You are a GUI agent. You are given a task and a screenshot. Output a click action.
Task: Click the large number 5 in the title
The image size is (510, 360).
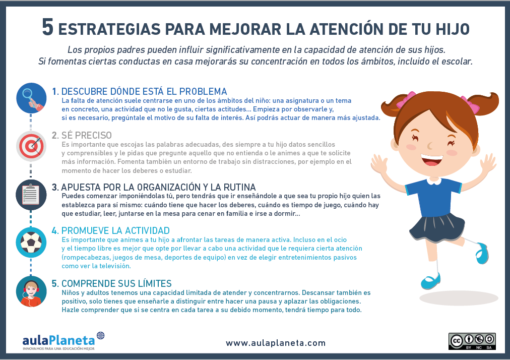coord(47,27)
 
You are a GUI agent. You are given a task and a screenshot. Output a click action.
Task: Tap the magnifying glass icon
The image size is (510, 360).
coord(31,98)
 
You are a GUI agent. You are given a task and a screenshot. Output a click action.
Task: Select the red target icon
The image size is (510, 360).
coord(31,146)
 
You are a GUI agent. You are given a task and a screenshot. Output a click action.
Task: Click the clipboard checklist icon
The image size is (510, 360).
coord(31,195)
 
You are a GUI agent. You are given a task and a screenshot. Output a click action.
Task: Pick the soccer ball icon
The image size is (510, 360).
coord(31,243)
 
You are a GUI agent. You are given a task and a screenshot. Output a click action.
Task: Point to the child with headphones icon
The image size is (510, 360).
coord(31,291)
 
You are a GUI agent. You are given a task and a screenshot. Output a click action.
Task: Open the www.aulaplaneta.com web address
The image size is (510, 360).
coord(276,343)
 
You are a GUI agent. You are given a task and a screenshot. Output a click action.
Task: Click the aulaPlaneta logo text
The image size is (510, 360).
coord(59,340)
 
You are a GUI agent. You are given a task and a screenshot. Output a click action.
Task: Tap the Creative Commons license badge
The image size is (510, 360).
coord(472,341)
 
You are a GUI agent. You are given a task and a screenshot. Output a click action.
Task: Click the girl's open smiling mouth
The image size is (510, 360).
coord(431,160)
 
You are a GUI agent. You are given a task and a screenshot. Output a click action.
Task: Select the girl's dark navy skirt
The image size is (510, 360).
coord(437,227)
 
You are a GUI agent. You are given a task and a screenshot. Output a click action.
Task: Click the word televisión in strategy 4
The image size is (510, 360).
coord(114,266)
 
